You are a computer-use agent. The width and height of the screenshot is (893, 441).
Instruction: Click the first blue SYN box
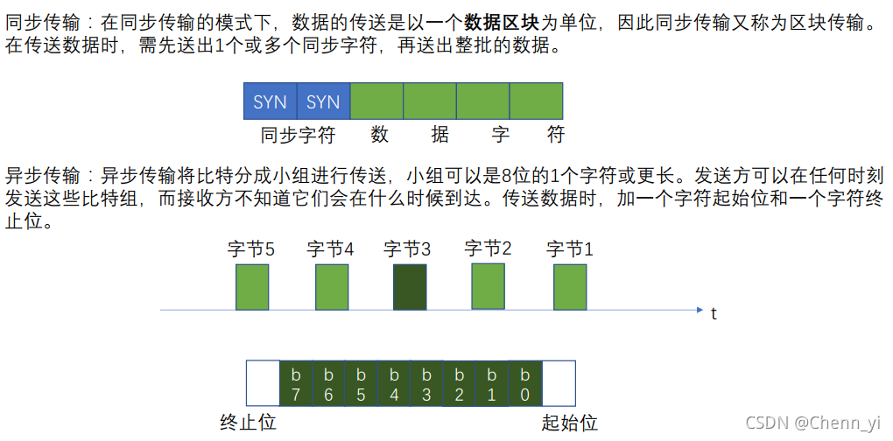pos(270,101)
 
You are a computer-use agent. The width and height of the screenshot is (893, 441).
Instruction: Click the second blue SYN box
pos(323,101)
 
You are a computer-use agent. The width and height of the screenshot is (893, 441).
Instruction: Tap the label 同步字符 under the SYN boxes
pos(298,135)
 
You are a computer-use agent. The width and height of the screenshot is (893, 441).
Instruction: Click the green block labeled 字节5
pos(252,287)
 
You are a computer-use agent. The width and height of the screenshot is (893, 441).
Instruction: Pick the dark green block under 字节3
pos(410,287)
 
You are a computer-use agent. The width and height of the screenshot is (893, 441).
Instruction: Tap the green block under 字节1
pos(570,287)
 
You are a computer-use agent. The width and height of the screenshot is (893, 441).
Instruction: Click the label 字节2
pos(488,248)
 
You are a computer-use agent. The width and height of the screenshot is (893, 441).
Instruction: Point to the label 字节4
pos(330,248)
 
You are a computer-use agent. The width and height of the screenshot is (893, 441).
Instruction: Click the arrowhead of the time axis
pos(699,310)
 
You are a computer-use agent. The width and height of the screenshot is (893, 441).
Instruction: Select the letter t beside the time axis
pos(714,313)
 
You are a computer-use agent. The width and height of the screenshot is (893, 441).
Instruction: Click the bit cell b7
pos(295,384)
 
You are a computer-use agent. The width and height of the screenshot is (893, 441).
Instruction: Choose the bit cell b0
pos(525,384)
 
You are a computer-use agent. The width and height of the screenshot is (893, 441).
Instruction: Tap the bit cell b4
pos(394,384)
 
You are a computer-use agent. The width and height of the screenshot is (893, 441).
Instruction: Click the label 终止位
pos(248,423)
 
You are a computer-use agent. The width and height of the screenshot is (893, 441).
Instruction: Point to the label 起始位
pos(570,423)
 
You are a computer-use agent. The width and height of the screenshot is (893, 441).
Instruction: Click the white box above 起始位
pos(559,384)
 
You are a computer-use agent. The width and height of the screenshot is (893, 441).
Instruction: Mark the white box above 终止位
pos(262,384)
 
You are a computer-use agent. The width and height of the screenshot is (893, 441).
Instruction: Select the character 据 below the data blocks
pos(439,135)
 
